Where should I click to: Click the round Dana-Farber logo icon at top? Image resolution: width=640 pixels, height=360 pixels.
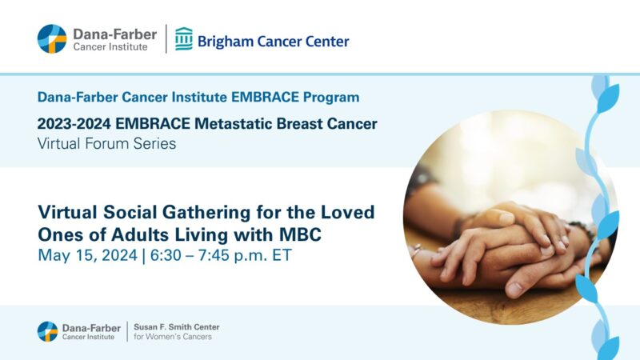[x=52, y=38]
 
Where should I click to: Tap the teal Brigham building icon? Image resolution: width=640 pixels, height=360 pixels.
[x=184, y=38]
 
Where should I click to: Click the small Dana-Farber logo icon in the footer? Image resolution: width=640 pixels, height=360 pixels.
[x=47, y=331]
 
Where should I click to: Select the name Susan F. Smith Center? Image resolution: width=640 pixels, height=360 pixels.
[x=176, y=326]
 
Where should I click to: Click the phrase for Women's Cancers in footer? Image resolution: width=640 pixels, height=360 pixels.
[x=172, y=337]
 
